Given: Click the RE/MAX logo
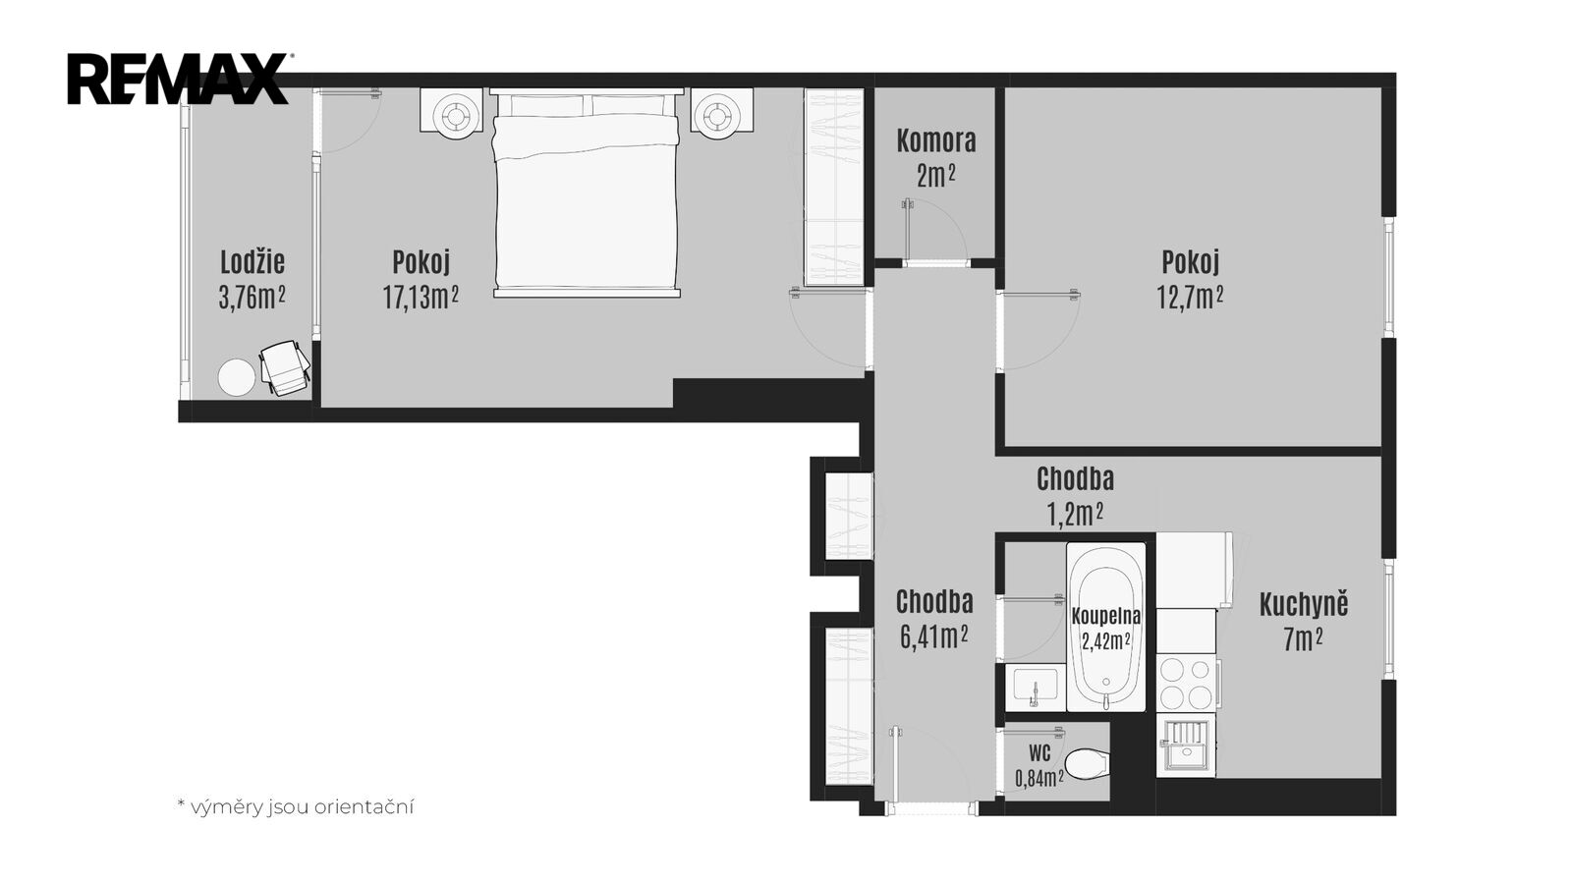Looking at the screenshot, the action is pyautogui.click(x=179, y=79).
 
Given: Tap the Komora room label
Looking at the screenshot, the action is pyautogui.click(x=936, y=141).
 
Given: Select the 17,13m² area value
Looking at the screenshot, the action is pyautogui.click(x=421, y=297).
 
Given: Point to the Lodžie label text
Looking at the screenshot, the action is pyautogui.click(x=253, y=262).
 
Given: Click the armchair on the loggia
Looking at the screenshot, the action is pyautogui.click(x=285, y=367).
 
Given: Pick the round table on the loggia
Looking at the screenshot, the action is pyautogui.click(x=237, y=377).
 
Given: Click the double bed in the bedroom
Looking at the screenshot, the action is pyautogui.click(x=587, y=193).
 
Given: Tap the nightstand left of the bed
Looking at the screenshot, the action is pyautogui.click(x=452, y=110).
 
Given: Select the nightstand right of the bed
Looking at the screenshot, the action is pyautogui.click(x=721, y=110).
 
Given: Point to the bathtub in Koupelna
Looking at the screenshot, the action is pyautogui.click(x=1106, y=627).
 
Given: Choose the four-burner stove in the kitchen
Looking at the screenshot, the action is pyautogui.click(x=1186, y=682).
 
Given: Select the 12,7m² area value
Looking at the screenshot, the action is pyautogui.click(x=1190, y=297).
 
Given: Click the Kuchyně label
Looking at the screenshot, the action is pyautogui.click(x=1304, y=605).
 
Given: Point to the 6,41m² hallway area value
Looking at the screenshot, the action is pyautogui.click(x=934, y=636).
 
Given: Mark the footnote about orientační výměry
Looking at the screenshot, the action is pyautogui.click(x=296, y=806).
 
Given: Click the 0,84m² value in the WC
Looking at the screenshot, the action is pyautogui.click(x=1039, y=777).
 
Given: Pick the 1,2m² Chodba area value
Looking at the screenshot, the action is pyautogui.click(x=1075, y=515).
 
